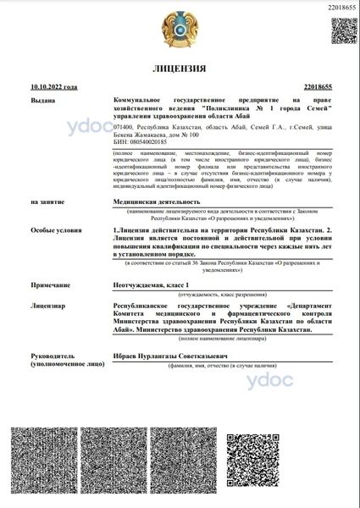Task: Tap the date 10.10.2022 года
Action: [x=53, y=87]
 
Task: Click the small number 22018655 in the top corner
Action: [x=337, y=7]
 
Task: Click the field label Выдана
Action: [x=41, y=98]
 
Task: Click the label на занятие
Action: [x=45, y=202]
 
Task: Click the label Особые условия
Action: [x=51, y=229]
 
